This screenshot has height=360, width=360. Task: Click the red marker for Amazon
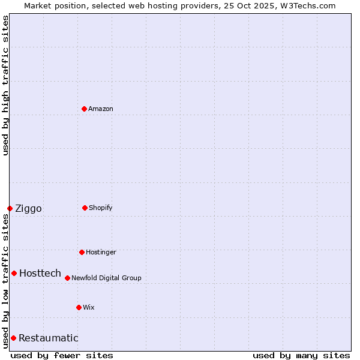84,109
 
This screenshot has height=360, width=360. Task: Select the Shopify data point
85,208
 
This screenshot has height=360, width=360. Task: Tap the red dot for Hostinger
82,252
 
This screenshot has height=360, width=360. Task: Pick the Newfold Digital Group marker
67,278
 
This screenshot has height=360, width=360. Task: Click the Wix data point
79,307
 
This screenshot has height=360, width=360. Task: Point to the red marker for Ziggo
10,208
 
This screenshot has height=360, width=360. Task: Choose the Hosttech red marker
14,273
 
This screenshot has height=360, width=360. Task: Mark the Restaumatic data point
13,338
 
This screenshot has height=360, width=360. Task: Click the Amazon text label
101,109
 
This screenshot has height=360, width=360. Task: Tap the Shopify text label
101,208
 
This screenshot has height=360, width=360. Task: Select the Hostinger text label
101,252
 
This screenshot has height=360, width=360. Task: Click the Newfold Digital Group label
106,278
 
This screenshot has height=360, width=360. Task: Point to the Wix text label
89,307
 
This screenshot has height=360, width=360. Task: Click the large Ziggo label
28,208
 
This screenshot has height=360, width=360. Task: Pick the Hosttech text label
40,273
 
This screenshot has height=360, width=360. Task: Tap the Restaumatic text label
49,338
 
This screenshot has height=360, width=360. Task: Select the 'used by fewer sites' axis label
62,355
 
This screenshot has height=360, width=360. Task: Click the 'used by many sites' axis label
301,355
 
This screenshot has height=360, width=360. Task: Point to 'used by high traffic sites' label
5,85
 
